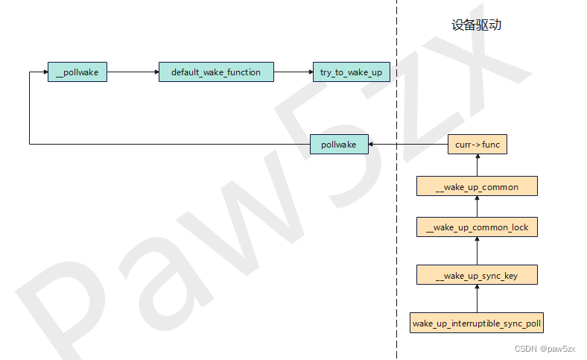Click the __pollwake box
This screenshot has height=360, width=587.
click(x=77, y=72)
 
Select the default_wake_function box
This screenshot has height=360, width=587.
click(x=216, y=72)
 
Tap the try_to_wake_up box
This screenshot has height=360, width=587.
click(x=352, y=72)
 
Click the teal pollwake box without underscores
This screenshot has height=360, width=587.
click(x=339, y=145)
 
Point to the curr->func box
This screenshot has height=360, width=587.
click(x=477, y=145)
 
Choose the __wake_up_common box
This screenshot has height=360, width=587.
click(x=477, y=186)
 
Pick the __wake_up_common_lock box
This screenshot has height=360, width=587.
click(x=477, y=227)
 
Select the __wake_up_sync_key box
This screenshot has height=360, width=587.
click(x=477, y=274)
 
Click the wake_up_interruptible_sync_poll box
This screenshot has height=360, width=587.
click(x=477, y=323)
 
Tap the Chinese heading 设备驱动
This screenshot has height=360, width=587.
click(x=476, y=25)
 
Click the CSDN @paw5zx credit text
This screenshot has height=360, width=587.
click(x=545, y=349)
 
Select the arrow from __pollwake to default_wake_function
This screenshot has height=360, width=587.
click(x=133, y=72)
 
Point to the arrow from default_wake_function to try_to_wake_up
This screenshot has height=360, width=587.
click(x=293, y=72)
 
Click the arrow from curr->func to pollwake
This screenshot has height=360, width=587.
click(x=408, y=145)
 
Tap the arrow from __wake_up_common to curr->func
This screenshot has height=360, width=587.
click(x=477, y=165)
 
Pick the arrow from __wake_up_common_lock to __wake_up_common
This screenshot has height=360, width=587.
click(x=477, y=206)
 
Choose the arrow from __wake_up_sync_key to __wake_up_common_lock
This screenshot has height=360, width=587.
click(x=477, y=250)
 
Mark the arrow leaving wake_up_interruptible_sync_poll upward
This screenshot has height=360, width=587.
click(x=477, y=298)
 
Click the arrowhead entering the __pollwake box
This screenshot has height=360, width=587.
click(x=45, y=72)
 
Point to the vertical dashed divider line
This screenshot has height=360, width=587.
click(x=397, y=180)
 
